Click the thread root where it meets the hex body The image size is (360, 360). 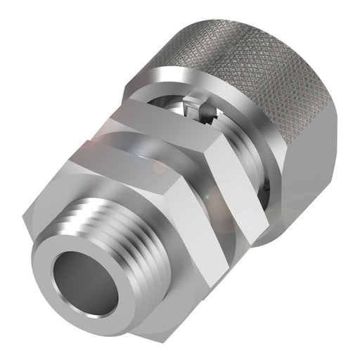click(141, 211)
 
